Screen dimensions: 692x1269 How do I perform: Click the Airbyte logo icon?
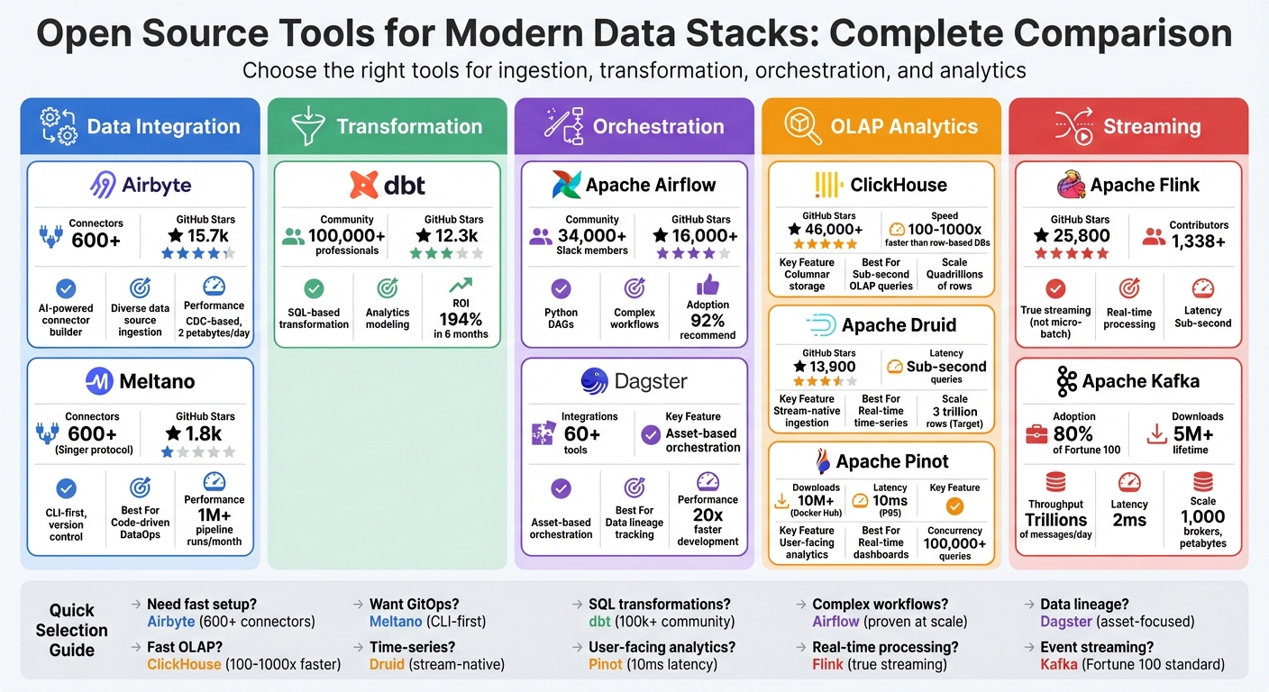coord(103,186)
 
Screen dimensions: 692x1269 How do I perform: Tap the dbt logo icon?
coord(364,186)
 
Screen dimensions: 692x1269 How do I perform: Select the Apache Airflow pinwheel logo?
coord(566,186)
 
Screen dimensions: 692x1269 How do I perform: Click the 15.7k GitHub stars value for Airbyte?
coord(205,236)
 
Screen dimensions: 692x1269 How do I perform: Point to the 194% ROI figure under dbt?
coord(460,318)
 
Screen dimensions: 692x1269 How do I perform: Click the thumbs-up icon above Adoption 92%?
coord(708,285)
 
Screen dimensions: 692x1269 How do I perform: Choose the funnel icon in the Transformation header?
coord(306,127)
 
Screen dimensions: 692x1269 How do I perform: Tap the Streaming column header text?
coord(1151,127)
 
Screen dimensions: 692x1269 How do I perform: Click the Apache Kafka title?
coord(1140,381)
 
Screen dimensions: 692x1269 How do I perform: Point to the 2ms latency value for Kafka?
coord(1129,520)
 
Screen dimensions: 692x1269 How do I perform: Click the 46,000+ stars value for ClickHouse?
coord(828,230)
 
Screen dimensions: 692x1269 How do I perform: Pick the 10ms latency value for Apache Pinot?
coord(890,501)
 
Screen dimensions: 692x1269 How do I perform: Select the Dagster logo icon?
coord(594,381)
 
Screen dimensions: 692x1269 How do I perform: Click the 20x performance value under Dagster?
coord(708,514)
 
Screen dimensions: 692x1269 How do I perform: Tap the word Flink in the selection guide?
coord(827,664)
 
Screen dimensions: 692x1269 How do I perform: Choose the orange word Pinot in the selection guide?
coord(606,664)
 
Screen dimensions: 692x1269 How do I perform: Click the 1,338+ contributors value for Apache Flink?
coord(1199,241)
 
